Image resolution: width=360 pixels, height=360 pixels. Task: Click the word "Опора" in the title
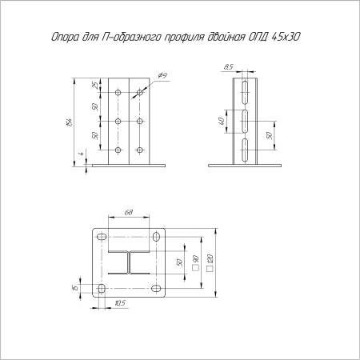click(63, 37)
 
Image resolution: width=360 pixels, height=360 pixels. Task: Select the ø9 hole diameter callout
click(162, 75)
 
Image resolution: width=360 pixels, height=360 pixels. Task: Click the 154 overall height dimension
click(74, 122)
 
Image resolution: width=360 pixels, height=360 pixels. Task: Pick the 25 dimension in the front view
click(94, 86)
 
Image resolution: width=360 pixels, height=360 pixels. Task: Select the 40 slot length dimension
click(221, 122)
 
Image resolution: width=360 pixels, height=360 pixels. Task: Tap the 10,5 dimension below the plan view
click(119, 302)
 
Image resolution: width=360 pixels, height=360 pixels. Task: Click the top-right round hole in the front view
click(140, 93)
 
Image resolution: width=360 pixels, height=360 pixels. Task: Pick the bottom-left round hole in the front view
click(118, 149)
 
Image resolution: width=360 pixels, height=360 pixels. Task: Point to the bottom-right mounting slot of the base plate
click(155, 287)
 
